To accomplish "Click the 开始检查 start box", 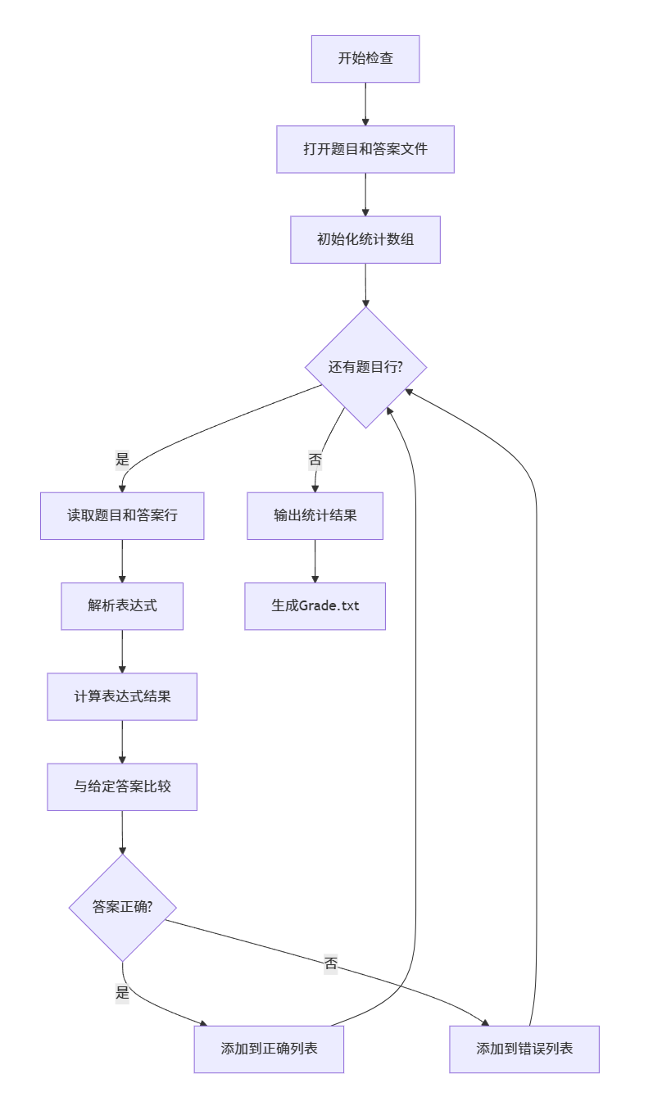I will click(365, 59).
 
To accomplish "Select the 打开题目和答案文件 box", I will click(365, 149).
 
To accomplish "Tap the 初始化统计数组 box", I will click(365, 240).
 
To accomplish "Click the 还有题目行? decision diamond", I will click(365, 367).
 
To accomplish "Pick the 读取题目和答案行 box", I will click(122, 516).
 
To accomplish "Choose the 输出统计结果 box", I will click(315, 516).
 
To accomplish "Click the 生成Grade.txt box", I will click(315, 606).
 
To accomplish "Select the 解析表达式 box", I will click(122, 606).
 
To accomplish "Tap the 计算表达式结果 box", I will click(122, 696).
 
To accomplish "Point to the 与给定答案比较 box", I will click(122, 786).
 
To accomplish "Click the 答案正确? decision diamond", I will click(122, 908).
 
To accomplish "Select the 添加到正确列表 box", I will click(269, 1049).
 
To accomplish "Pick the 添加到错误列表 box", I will click(524, 1049).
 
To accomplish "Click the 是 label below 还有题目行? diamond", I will click(122, 460).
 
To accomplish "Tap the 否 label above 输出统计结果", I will click(315, 460).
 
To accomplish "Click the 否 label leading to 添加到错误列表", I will click(330, 963).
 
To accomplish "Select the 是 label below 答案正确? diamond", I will click(122, 993).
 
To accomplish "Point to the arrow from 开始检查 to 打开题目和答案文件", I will click(365, 104).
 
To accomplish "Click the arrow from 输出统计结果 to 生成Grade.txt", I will click(315, 561).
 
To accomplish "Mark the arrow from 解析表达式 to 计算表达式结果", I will click(122, 651).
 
